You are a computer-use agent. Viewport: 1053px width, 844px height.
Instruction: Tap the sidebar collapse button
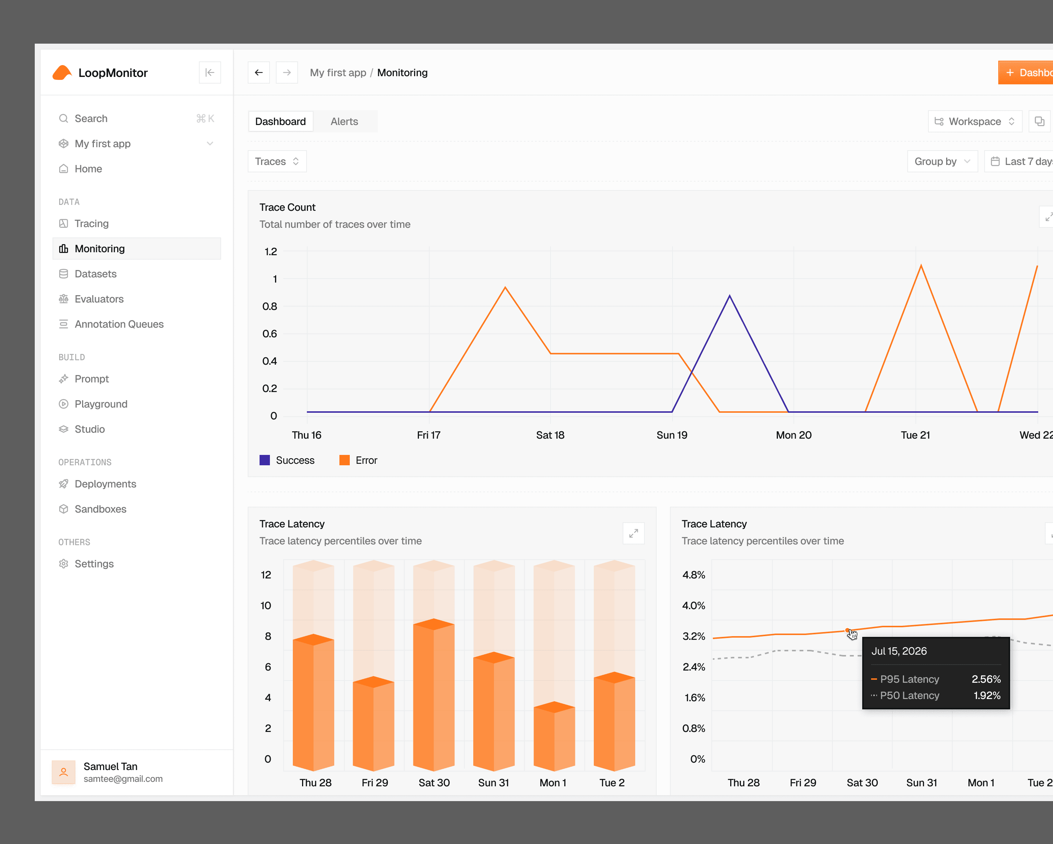210,72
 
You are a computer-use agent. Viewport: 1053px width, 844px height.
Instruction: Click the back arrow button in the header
259,72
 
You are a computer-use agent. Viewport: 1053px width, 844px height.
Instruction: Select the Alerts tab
344,121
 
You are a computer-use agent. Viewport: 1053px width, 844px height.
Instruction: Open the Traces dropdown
277,161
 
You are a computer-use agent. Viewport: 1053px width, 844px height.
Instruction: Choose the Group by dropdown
942,161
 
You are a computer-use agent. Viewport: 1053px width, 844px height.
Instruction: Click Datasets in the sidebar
95,274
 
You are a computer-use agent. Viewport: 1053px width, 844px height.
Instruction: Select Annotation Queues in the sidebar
119,324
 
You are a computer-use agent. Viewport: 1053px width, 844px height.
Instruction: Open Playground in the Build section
101,404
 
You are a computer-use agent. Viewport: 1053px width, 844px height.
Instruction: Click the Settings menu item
94,564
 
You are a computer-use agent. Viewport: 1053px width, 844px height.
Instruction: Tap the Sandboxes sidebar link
100,509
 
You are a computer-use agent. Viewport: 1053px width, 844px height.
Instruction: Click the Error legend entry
359,460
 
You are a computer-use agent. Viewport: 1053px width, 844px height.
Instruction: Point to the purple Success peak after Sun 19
730,296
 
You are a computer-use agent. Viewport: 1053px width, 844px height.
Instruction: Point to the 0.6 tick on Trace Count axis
270,334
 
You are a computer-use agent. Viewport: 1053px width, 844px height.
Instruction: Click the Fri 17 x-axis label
429,435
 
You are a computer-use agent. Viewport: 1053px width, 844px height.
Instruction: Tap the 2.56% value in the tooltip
986,679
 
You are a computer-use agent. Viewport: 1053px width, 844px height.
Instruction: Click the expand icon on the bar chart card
633,533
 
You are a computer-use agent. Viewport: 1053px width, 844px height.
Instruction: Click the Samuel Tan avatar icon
64,772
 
